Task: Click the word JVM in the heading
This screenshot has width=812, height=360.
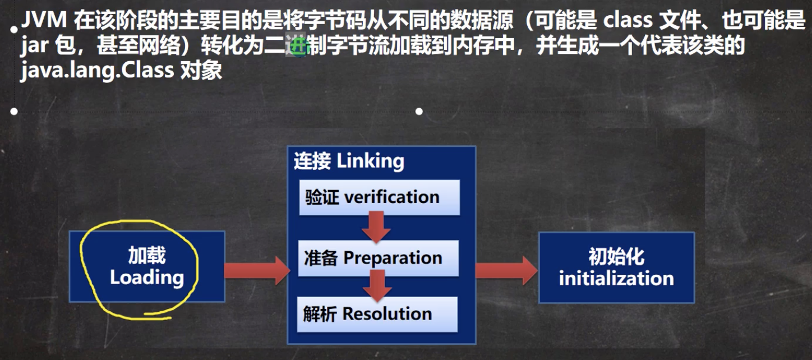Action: [x=42, y=21]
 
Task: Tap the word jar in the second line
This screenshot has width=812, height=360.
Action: [x=34, y=47]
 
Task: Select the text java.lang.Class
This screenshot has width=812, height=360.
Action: [x=97, y=71]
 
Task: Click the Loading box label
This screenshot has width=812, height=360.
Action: [x=147, y=278]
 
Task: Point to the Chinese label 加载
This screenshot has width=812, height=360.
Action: [x=147, y=256]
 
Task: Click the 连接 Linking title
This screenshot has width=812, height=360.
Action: [x=349, y=161]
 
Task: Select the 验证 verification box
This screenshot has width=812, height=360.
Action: [x=379, y=197]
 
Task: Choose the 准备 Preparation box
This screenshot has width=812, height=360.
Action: [x=378, y=258]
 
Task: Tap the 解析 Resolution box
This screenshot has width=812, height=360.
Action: [x=377, y=314]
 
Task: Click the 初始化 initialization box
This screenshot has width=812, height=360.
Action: [x=616, y=267]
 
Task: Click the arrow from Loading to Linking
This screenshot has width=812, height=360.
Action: [x=256, y=271]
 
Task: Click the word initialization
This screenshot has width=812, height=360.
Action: [x=616, y=279]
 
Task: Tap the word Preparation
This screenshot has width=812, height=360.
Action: [x=393, y=258]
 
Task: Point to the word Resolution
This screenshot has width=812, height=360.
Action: [x=387, y=314]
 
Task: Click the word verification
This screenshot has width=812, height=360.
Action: [x=391, y=197]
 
